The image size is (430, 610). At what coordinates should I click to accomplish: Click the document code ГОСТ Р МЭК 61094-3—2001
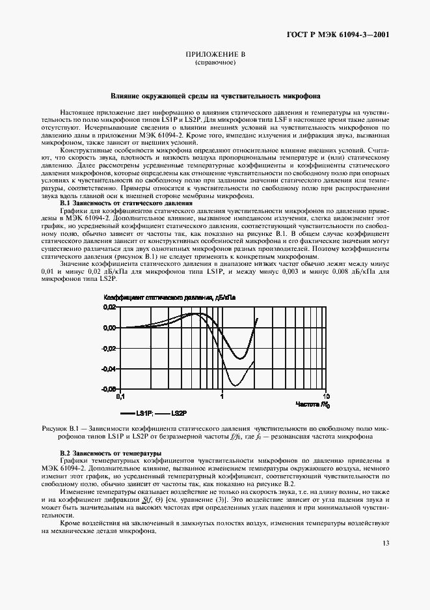338,35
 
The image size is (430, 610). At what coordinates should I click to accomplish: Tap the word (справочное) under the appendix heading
215,64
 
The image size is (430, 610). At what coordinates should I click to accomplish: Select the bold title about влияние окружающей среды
215,94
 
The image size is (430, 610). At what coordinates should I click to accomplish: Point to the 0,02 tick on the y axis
109,307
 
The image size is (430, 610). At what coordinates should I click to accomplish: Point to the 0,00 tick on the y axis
109,327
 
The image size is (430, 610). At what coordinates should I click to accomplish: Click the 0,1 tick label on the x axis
120,396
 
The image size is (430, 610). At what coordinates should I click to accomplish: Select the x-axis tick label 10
327,396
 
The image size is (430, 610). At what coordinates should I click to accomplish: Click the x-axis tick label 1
222,396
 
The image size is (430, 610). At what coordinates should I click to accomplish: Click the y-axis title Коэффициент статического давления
169,297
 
